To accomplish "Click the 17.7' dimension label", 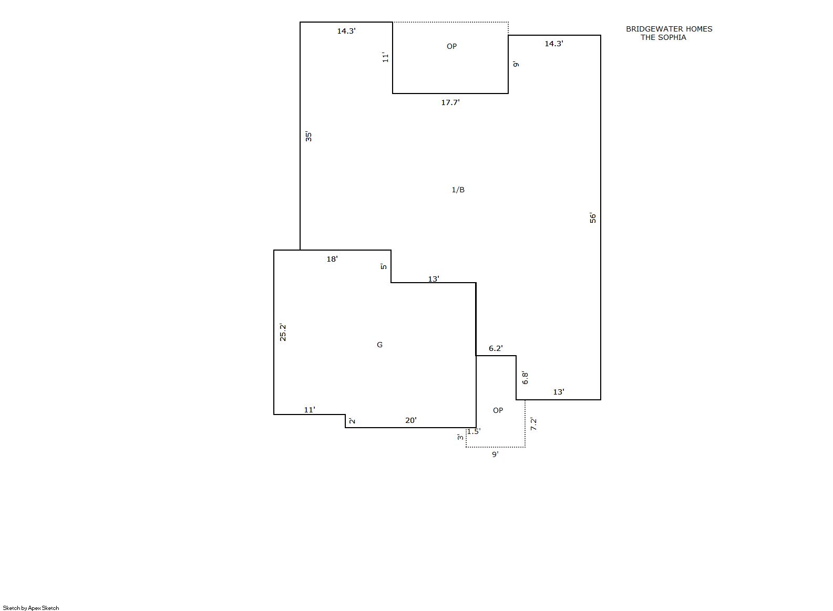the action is pos(450,102).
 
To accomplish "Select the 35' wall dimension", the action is pos(308,137).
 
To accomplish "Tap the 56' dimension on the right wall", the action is pos(593,218).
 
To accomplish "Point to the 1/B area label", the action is pos(458,190).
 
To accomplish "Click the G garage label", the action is pos(379,345).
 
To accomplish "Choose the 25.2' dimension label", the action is pos(283,332).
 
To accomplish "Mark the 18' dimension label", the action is pos(332,259).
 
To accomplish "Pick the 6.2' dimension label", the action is pos(496,348).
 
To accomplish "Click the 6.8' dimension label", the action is pos(525,378).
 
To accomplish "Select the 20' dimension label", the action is pos(411,420).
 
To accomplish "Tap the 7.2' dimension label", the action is pos(533,424).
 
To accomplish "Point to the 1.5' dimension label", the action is pos(474,431).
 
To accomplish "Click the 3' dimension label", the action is pos(461,437).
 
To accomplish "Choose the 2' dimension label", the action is pos(352,421).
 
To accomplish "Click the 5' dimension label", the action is pos(384,266).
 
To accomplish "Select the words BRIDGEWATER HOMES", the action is pos(669,29).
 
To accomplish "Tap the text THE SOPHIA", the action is pos(663,37).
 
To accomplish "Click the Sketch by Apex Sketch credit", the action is pos(31,608).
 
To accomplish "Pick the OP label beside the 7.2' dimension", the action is pos(498,410).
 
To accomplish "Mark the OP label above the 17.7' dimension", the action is pos(451,46).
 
